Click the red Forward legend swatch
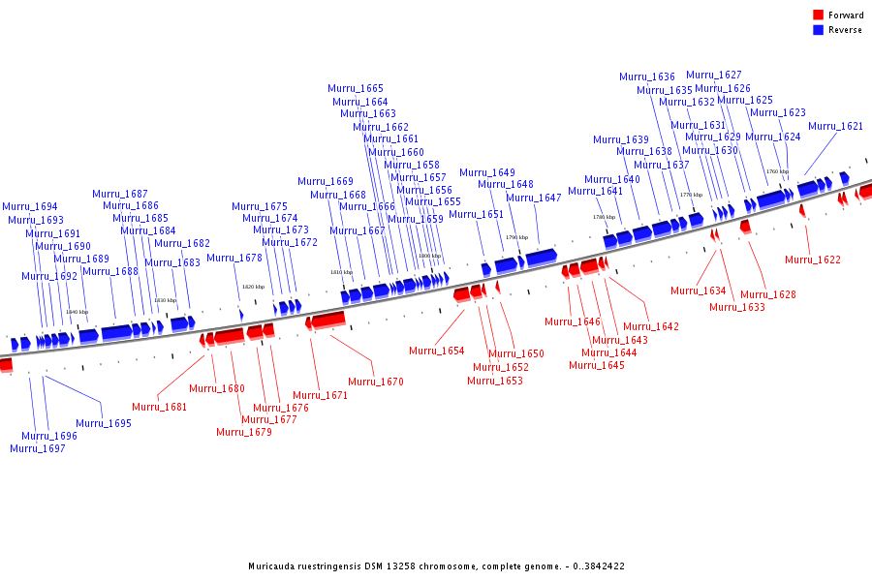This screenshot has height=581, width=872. point(818,15)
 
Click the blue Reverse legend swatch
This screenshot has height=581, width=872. point(818,30)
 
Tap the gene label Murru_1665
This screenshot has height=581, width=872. point(356,88)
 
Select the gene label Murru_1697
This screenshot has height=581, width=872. point(38,448)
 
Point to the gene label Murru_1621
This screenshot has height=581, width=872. point(835,126)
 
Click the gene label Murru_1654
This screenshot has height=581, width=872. point(436,351)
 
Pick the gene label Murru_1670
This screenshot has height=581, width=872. point(376,382)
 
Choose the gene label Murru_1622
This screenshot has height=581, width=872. point(813,260)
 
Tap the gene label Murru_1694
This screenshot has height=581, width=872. point(30,206)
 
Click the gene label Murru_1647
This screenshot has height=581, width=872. point(534,198)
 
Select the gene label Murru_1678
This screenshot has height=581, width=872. point(234,258)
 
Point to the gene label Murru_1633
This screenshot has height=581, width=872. point(737,307)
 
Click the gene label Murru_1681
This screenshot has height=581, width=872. point(160,407)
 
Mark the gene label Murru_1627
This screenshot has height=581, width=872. point(714,75)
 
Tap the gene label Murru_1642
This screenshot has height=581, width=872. point(651,326)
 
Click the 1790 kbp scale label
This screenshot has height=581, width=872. point(517,237)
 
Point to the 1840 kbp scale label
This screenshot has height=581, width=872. point(78,312)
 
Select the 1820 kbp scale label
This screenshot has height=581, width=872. point(253,287)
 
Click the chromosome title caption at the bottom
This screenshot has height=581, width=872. point(436,566)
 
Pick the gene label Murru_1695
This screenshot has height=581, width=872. point(104,423)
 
